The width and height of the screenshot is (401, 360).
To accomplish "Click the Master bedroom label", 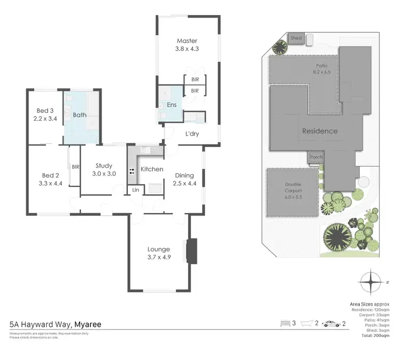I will (x=187, y=41).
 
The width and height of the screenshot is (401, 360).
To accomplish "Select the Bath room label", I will (x=80, y=114).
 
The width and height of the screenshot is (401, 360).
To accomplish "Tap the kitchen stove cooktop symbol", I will (x=130, y=171).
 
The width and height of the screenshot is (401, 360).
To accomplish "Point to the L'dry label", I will (x=192, y=134).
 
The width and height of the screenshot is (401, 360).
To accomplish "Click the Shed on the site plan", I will (x=296, y=38).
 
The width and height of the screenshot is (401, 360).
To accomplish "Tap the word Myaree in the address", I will (x=88, y=324).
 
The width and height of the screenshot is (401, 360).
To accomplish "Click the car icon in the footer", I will (x=331, y=324).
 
